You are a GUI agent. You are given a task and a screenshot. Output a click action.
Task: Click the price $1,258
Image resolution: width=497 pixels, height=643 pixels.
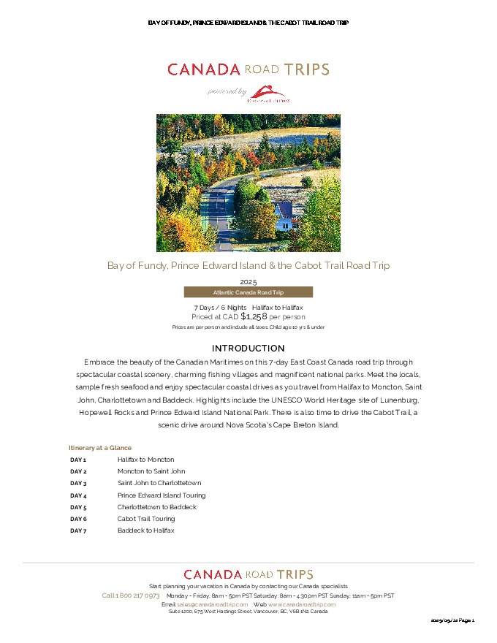254,317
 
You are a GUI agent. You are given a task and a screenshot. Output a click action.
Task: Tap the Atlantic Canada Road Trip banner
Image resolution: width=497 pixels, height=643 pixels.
248,292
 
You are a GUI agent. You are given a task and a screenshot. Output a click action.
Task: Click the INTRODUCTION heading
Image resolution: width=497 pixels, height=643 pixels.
248,349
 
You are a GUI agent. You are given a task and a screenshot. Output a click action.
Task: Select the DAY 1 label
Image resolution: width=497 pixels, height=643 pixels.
78,460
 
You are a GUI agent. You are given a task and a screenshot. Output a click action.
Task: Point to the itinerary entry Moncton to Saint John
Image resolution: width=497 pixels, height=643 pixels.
151,471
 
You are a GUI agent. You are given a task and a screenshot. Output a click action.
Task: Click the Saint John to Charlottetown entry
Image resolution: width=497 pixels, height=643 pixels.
159,483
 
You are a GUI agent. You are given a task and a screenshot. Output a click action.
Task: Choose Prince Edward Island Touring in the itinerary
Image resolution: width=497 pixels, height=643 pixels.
162,495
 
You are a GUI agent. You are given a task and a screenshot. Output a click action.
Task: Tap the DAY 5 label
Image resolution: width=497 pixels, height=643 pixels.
78,507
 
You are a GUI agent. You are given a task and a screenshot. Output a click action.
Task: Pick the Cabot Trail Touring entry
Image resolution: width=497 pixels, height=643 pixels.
146,519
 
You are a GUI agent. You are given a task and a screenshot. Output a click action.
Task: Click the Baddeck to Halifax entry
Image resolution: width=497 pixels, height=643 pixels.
146,530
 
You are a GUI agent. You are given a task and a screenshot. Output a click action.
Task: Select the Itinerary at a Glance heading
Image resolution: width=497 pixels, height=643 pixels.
100,447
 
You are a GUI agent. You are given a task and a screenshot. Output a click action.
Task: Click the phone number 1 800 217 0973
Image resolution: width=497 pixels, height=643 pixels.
131,596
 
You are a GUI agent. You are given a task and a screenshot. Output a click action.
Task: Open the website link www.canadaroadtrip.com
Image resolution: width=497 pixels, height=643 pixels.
302,604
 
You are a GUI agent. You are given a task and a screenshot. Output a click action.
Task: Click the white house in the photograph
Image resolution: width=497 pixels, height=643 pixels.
284,216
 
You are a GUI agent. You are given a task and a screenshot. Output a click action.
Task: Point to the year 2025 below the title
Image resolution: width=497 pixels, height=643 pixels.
248,281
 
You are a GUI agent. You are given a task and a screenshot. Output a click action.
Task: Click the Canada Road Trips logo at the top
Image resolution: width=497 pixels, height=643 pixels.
248,70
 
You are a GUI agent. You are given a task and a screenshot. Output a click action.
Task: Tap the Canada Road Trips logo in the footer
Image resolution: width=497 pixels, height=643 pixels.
248,575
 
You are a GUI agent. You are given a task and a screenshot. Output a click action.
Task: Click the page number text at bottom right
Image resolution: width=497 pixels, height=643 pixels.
453,620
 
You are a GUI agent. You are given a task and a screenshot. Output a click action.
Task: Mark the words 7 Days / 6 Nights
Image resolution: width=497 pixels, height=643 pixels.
220,308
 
